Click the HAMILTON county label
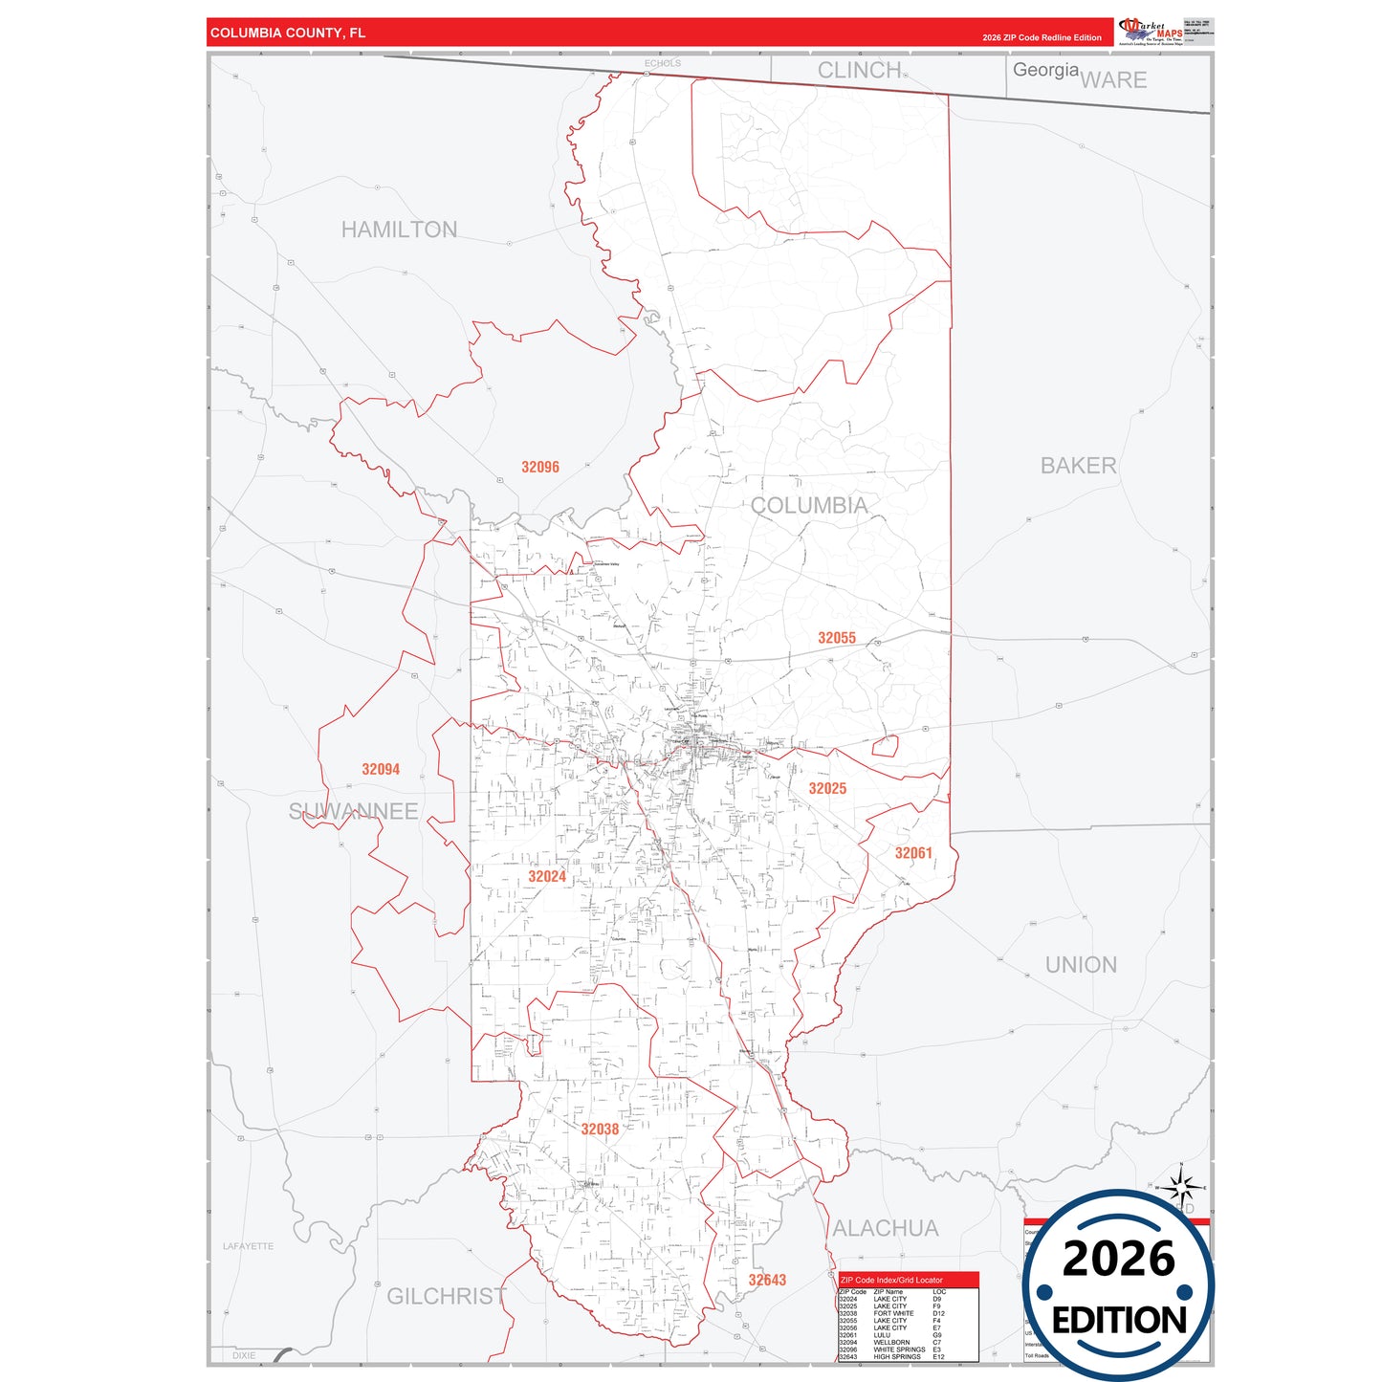pyautogui.click(x=399, y=230)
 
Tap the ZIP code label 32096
pyautogui.click(x=540, y=467)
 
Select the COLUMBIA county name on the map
pyautogui.click(x=809, y=505)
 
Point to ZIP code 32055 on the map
pyautogui.click(x=837, y=638)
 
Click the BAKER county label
pyautogui.click(x=1078, y=466)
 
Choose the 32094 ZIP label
pyautogui.click(x=381, y=769)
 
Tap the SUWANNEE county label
pyautogui.click(x=354, y=811)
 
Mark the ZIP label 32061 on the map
pyautogui.click(x=913, y=853)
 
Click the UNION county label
pyautogui.click(x=1081, y=964)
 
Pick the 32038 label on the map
pyautogui.click(x=600, y=1129)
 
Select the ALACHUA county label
pyautogui.click(x=886, y=1228)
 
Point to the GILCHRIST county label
pyautogui.click(x=447, y=1296)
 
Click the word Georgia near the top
pyautogui.click(x=1045, y=70)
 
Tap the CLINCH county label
pyautogui.click(x=859, y=70)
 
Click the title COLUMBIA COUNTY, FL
pyautogui.click(x=288, y=33)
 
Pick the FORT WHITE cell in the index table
pyautogui.click(x=893, y=1313)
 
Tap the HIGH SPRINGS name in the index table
pyautogui.click(x=897, y=1356)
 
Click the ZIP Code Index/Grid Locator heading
pyautogui.click(x=891, y=1280)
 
